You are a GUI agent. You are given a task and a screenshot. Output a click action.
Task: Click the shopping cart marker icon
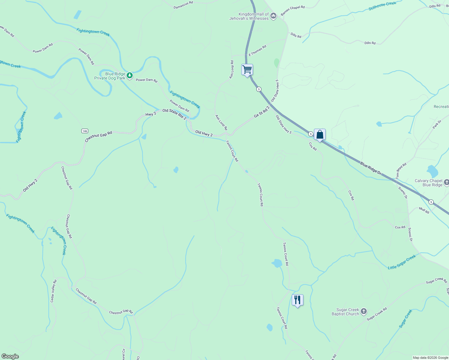point(247,70)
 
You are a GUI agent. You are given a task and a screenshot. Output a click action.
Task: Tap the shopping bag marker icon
point(320,134)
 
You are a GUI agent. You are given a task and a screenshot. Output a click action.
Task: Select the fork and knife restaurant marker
point(297,300)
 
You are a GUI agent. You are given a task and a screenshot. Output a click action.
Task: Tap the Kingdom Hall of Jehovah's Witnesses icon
point(273,16)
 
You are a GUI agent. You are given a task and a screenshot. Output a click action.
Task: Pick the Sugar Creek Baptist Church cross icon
point(364,311)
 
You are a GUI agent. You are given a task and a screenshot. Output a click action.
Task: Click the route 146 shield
point(85,131)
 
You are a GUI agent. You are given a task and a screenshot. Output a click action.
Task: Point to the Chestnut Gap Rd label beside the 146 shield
point(98,136)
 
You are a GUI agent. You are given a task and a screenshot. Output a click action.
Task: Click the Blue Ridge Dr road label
point(371,169)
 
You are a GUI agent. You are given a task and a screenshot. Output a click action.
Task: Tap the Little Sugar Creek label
point(402,262)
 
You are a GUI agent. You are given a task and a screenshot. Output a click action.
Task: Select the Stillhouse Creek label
point(382,6)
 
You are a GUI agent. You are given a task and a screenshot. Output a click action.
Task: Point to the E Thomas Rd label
point(258,51)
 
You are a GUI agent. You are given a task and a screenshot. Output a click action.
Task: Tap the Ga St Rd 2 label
point(262,112)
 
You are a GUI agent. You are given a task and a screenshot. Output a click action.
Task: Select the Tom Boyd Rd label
point(401,171)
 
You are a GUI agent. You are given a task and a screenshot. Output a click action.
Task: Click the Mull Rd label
point(424,210)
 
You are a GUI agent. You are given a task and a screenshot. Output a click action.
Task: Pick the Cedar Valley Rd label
point(53,291)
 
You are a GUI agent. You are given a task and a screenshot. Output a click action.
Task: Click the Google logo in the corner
point(10,356)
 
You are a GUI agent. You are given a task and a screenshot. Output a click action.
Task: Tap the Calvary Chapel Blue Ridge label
point(428,183)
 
